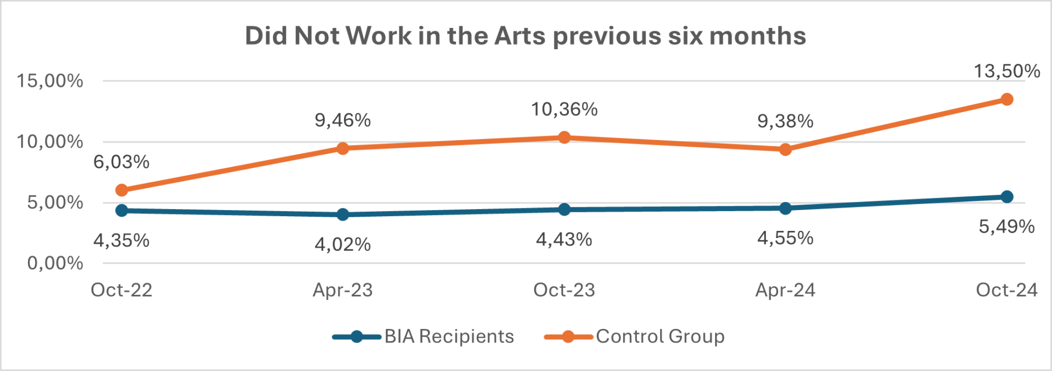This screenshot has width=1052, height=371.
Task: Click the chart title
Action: (x=525, y=36)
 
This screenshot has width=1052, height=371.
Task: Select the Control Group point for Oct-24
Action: (x=1007, y=99)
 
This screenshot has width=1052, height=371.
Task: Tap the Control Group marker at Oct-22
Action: (x=122, y=190)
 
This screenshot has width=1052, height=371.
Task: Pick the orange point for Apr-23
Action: (x=343, y=148)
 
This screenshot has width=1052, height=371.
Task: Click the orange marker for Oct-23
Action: (x=564, y=137)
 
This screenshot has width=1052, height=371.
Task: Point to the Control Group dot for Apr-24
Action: (x=785, y=149)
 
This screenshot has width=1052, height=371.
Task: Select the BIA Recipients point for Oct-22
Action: (x=122, y=210)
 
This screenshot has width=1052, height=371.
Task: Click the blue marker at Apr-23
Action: (x=343, y=215)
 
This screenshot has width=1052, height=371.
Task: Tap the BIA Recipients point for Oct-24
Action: (x=1007, y=196)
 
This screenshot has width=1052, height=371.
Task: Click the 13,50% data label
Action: (x=1007, y=71)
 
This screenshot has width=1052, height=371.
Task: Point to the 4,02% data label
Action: (x=342, y=244)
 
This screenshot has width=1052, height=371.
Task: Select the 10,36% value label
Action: (x=564, y=109)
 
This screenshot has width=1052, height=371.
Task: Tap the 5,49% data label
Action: (x=1007, y=227)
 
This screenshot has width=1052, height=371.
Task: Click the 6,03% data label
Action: (x=121, y=162)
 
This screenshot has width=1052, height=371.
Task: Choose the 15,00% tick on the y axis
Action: (x=50, y=81)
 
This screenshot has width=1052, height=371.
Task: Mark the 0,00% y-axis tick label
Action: (x=55, y=263)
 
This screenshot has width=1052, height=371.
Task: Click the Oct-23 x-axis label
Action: (x=564, y=290)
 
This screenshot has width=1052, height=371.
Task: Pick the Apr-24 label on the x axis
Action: (x=785, y=290)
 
